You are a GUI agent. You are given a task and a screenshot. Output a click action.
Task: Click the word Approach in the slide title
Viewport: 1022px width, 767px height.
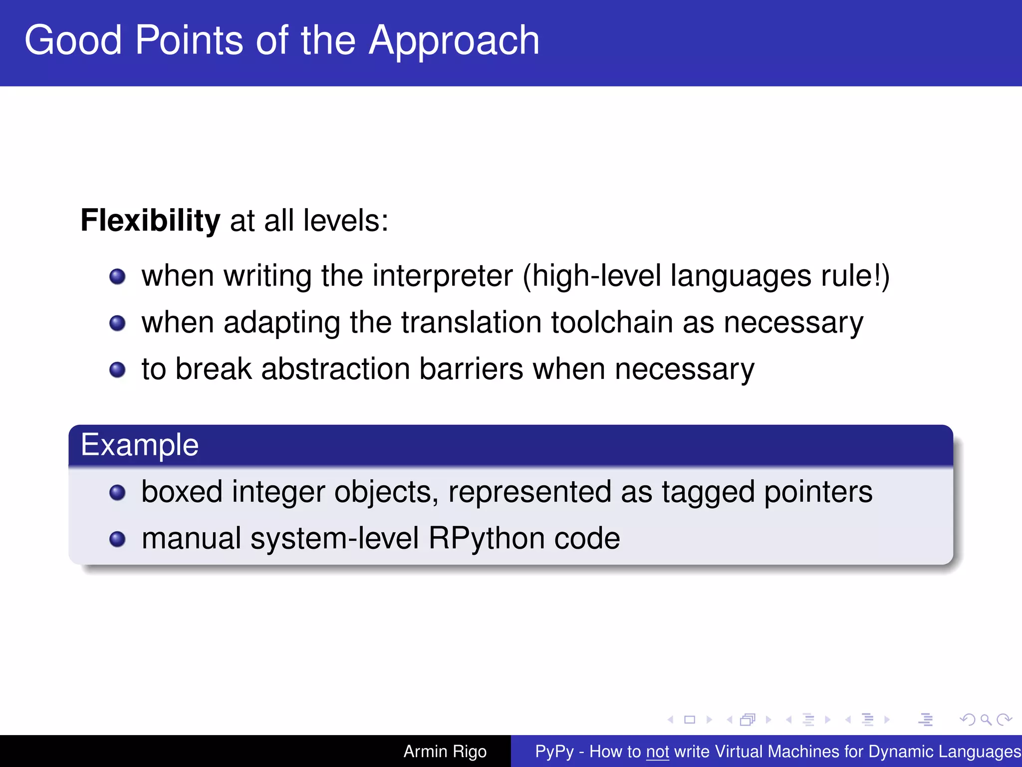tap(454, 41)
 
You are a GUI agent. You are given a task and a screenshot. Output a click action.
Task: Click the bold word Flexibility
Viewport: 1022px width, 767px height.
tap(150, 220)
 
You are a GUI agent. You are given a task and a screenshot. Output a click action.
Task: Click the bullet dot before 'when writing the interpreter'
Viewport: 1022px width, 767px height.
tap(117, 277)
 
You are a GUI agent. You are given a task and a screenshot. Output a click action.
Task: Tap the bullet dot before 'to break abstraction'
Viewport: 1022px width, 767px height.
tap(117, 370)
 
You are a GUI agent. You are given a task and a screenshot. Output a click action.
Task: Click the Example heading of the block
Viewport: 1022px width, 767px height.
tap(140, 444)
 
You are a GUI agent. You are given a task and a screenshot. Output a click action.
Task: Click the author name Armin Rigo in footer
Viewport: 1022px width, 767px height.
tap(445, 751)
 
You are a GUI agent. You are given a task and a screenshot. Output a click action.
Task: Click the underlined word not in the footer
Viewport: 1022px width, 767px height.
tap(657, 752)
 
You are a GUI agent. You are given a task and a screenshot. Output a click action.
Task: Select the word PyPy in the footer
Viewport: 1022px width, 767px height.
tap(554, 752)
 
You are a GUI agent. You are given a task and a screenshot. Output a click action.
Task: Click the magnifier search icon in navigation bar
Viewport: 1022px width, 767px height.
tap(985, 720)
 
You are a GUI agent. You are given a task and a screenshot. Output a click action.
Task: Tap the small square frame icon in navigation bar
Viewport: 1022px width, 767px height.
tap(690, 720)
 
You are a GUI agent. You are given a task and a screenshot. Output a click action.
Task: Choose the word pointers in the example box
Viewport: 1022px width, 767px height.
tap(818, 492)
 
